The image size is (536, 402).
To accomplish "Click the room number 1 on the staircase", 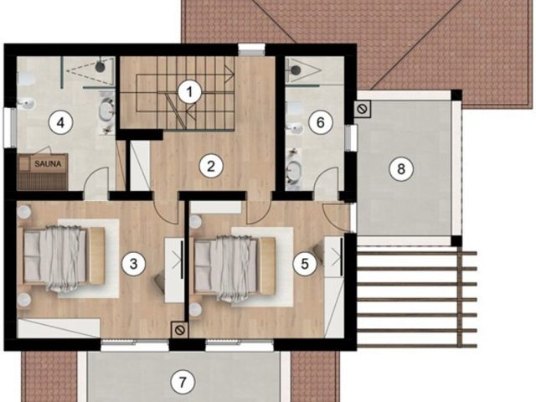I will click(x=191, y=90).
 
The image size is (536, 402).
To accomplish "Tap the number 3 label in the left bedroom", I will click(x=131, y=264).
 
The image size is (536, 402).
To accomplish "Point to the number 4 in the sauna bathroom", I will click(x=59, y=122).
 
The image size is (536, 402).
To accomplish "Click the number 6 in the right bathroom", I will click(x=317, y=122).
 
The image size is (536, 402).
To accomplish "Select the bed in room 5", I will click(x=234, y=266).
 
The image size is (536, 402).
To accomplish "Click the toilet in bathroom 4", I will click(x=24, y=80).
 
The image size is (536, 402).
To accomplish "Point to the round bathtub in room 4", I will click(x=107, y=111).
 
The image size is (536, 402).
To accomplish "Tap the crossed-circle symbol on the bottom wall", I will click(x=178, y=330).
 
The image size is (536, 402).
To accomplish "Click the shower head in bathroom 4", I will click(x=100, y=64).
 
